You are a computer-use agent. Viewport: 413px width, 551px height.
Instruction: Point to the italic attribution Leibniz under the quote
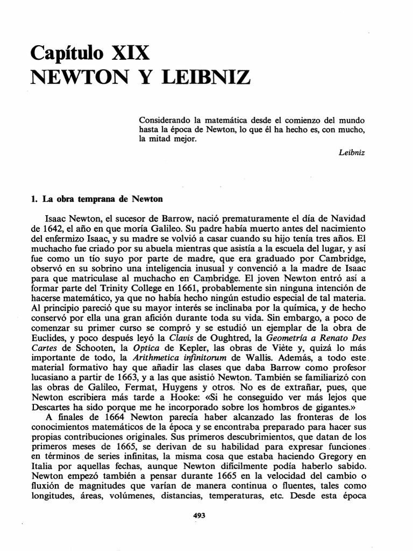(352, 153)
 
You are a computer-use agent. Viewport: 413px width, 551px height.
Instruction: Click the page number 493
(199, 515)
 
